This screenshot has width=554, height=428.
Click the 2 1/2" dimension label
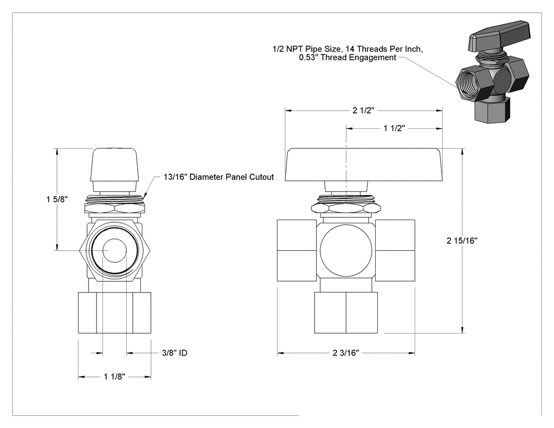(363, 110)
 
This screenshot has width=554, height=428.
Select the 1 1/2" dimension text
(394, 128)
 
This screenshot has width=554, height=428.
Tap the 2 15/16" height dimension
(462, 240)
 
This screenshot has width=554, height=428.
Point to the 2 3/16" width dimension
(346, 353)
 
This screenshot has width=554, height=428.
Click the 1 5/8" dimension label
(57, 199)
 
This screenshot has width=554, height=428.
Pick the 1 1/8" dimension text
(114, 377)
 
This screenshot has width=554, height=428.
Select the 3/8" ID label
(175, 353)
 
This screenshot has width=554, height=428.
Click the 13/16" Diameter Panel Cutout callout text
(219, 177)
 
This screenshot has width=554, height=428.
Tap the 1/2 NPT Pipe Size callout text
(348, 53)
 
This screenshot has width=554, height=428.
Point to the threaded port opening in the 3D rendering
(470, 83)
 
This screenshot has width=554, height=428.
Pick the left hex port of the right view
(297, 251)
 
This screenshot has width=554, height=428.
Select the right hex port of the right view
(395, 251)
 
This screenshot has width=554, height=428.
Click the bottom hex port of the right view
(346, 312)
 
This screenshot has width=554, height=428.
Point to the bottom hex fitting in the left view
(114, 312)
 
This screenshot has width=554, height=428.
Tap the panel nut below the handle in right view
(346, 207)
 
